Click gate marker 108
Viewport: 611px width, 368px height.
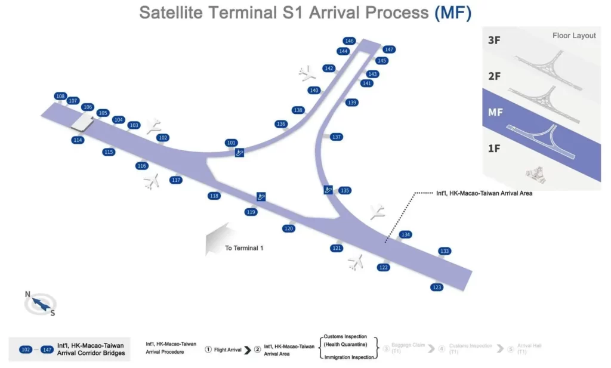coord(60,96)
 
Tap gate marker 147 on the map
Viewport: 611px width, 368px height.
coord(389,50)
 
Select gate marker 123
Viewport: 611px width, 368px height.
coord(437,287)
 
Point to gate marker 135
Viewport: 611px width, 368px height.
coord(344,191)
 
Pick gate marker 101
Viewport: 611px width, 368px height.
coord(232,143)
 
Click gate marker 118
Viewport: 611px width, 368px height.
coord(214,196)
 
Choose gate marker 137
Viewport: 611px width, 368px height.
coord(337,137)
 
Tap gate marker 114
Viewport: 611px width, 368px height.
coord(77,140)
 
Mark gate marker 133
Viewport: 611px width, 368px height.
coord(445,251)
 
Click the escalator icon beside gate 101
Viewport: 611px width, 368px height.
coord(239,153)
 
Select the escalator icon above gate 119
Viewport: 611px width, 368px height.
coord(261,196)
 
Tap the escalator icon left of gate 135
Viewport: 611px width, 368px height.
coord(328,190)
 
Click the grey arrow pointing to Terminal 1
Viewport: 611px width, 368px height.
coord(217,239)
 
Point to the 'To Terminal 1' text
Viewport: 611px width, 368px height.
coord(244,248)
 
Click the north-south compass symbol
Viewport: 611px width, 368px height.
coord(40,304)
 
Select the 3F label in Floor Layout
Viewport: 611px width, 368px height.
coord(494,41)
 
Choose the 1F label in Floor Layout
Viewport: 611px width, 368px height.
coord(494,149)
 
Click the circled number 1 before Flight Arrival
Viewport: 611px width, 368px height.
coord(208,350)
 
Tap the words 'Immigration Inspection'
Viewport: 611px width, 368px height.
coord(349,357)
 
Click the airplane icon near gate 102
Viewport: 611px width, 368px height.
coord(154,125)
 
